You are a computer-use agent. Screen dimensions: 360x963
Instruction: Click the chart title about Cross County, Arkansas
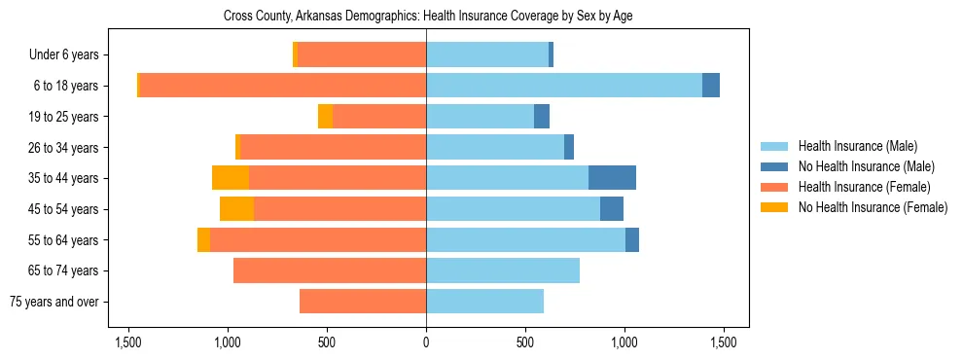pos(426,17)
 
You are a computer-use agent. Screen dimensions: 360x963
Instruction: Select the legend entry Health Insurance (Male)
pos(857,146)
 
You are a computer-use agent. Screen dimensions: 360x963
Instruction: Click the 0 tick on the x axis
pos(426,342)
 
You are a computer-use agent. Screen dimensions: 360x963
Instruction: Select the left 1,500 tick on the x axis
pos(128,342)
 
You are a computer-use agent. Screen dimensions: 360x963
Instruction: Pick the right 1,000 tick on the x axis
pos(624,342)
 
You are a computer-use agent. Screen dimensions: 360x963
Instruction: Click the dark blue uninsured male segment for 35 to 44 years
pos(612,178)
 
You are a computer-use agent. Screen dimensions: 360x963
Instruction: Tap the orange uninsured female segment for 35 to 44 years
pos(231,178)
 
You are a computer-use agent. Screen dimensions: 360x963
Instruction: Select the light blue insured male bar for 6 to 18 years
pos(564,86)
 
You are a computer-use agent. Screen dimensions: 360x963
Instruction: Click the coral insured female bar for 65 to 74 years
pos(330,270)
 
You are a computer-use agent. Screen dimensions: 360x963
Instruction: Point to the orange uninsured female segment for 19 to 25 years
pos(325,117)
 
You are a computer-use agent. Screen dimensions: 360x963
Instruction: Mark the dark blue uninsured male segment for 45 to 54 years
pos(612,209)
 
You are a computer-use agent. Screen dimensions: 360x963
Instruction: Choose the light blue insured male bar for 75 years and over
pos(484,302)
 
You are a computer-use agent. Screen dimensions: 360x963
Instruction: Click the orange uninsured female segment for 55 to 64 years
pos(203,240)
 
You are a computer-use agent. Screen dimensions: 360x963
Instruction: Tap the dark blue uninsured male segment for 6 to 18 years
pos(711,86)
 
